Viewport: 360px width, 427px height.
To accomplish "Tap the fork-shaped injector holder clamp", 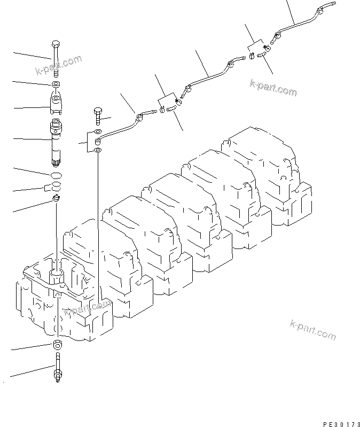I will [x=57, y=102].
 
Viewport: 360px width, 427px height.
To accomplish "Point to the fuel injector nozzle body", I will [x=57, y=136].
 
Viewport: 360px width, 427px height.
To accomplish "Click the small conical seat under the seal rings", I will [x=56, y=199].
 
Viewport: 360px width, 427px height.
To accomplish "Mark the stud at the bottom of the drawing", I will [x=57, y=369].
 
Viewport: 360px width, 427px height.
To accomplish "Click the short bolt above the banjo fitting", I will [x=97, y=115].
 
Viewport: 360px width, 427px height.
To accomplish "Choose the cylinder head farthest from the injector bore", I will [x=267, y=171].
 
